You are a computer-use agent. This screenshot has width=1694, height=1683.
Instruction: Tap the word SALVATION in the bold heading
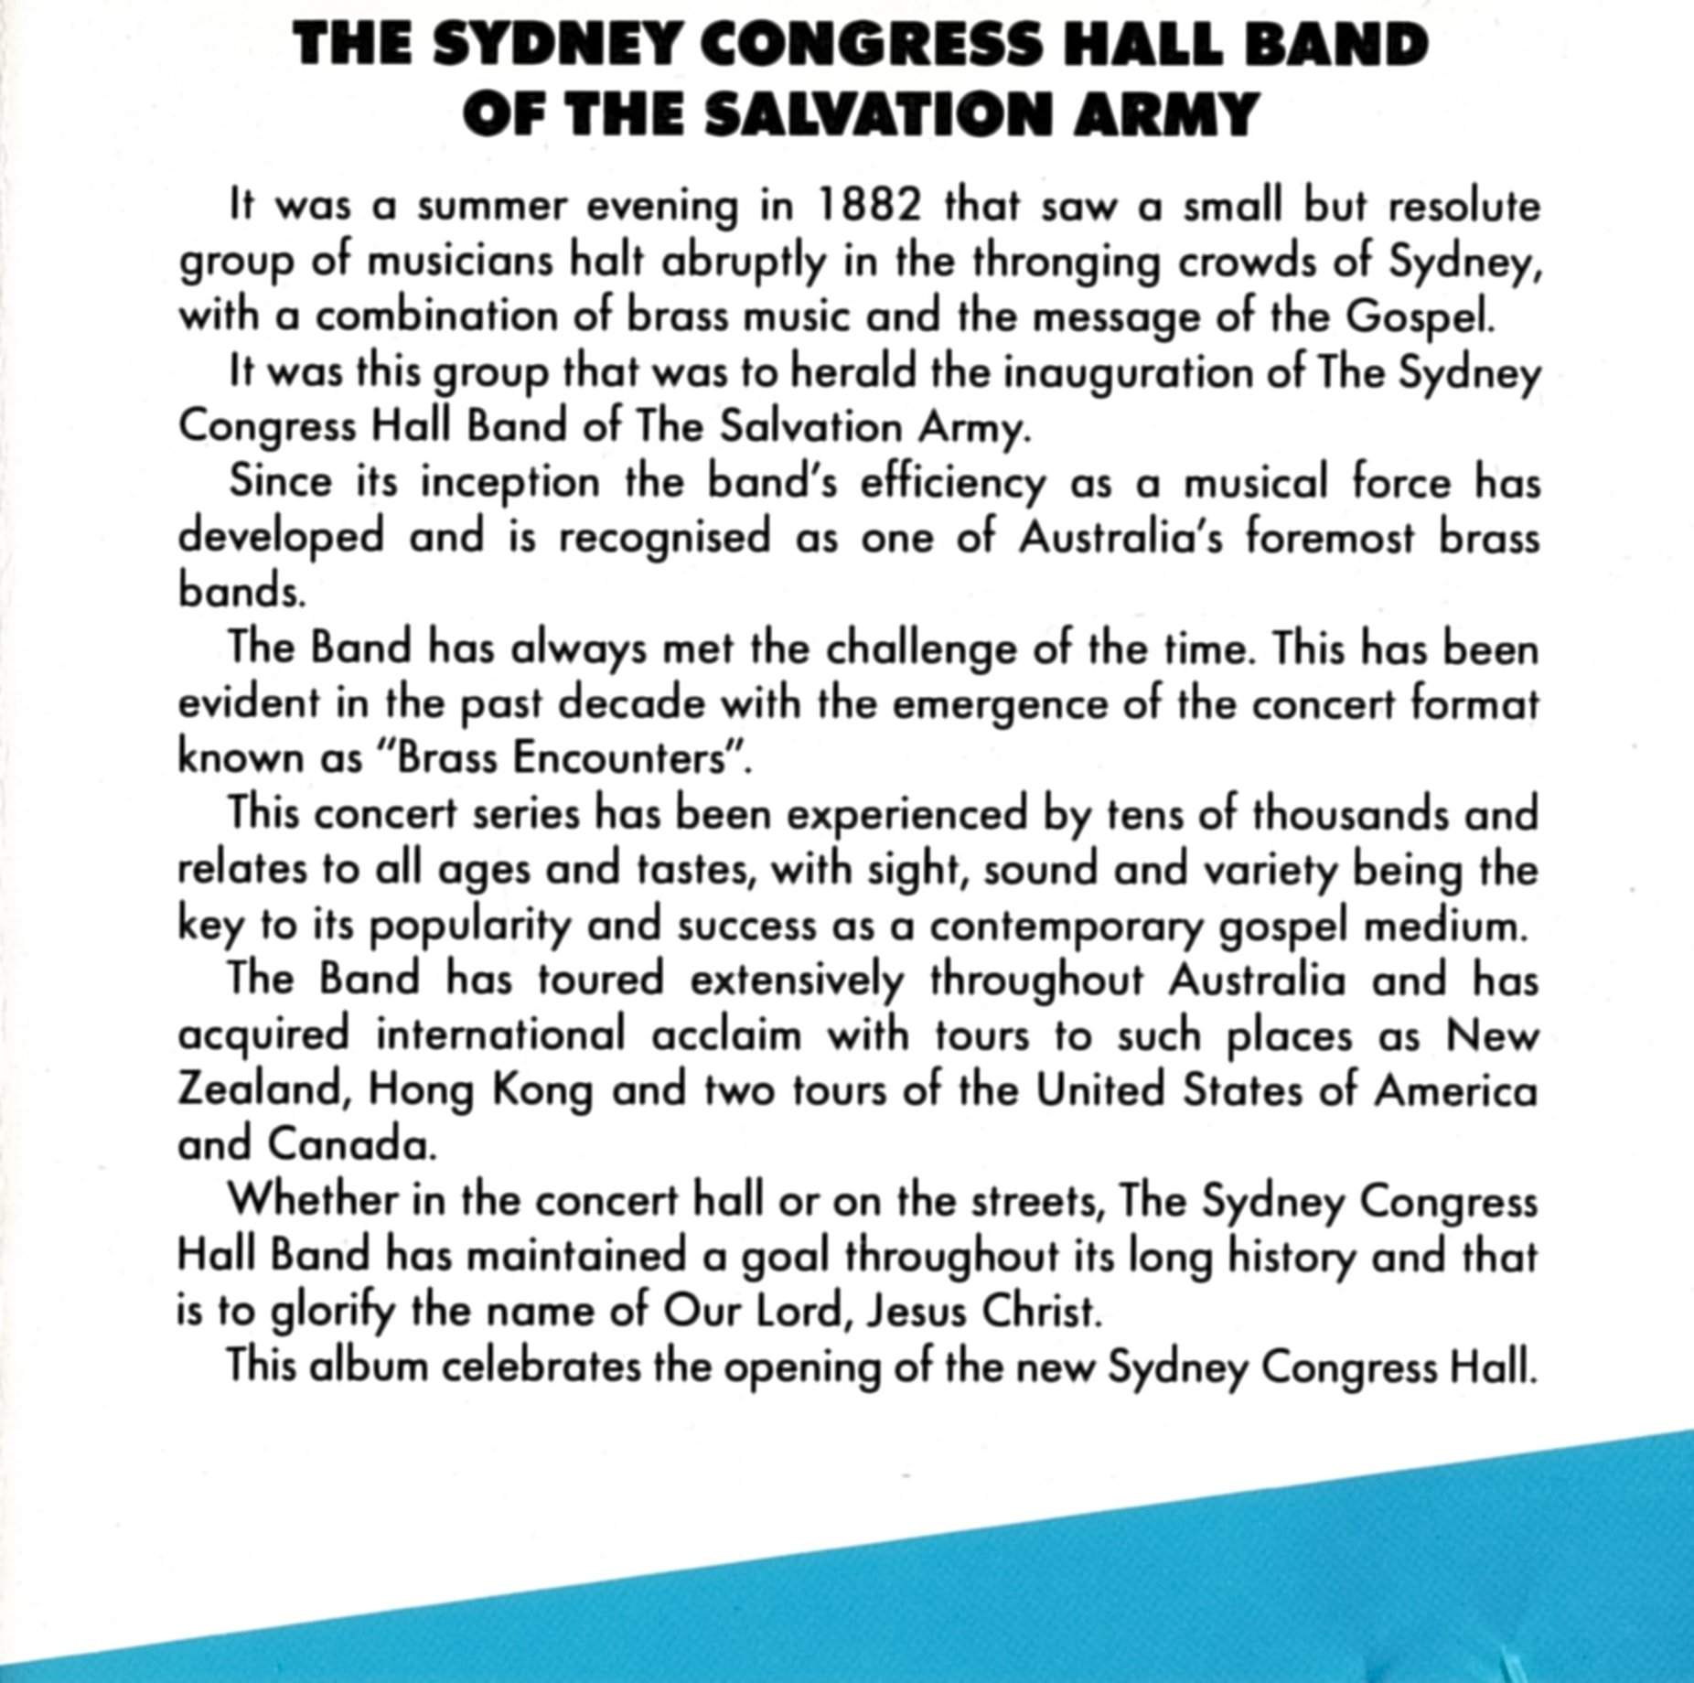click(x=885, y=116)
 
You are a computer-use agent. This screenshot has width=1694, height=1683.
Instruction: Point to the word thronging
click(x=1067, y=263)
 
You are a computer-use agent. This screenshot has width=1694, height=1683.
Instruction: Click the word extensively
click(x=797, y=981)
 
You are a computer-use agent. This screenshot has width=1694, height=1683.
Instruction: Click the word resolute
click(x=1464, y=207)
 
